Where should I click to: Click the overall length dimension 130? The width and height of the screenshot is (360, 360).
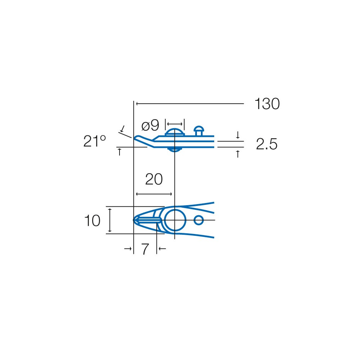point(267,104)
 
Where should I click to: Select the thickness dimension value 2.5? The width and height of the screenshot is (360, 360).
point(267,144)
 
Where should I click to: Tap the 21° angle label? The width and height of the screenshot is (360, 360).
point(94,141)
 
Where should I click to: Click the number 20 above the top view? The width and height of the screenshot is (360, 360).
point(154,179)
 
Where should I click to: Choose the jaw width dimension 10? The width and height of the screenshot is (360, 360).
point(92,221)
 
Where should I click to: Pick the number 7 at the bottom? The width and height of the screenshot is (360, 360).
point(145,249)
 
